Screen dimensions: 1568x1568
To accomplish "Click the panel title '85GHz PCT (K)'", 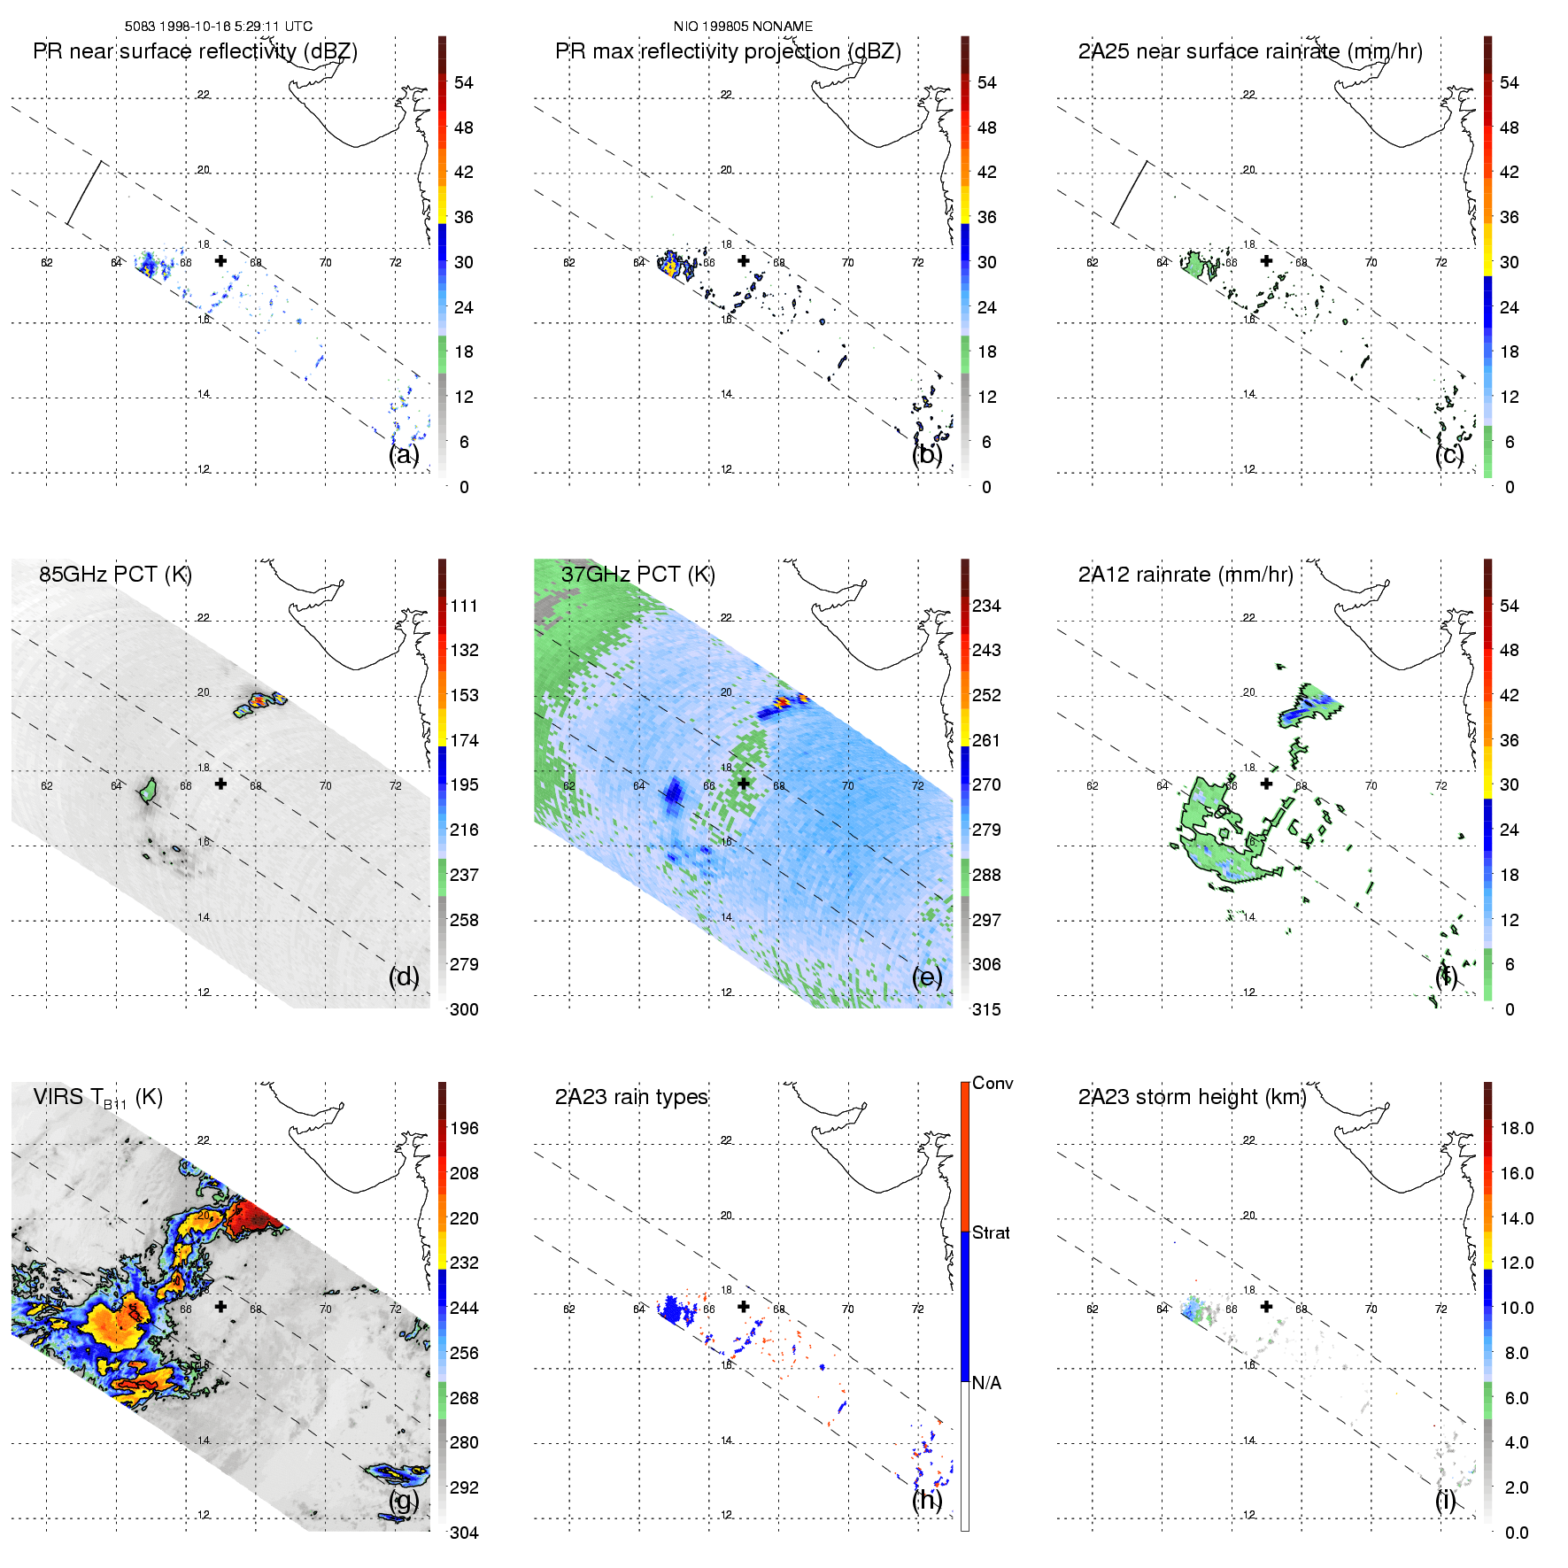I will [x=115, y=574].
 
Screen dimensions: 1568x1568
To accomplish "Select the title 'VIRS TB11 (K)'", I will [x=97, y=1098].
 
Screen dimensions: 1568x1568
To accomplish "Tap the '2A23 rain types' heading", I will [x=631, y=1097].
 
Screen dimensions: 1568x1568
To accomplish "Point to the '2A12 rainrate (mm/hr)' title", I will [x=1186, y=574].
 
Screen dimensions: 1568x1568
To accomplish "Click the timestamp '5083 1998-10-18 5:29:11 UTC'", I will [x=218, y=27].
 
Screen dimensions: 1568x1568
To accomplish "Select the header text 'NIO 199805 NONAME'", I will [x=743, y=27].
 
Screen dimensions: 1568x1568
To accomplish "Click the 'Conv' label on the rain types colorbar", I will [x=993, y=1083].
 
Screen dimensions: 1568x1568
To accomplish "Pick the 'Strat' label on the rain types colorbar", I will [x=991, y=1232].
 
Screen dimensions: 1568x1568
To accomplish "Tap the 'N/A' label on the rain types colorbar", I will [x=986, y=1383].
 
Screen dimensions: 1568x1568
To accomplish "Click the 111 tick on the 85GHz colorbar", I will [x=464, y=606].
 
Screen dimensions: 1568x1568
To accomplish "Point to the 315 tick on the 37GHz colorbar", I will [x=986, y=1009].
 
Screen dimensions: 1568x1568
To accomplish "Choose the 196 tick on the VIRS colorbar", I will [x=464, y=1128].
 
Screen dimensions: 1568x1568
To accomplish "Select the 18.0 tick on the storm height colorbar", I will [x=1517, y=1128].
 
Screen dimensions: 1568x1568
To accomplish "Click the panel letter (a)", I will [x=404, y=454].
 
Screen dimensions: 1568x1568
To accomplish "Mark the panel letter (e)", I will [x=927, y=977].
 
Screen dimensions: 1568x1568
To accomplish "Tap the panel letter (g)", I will [x=404, y=1500].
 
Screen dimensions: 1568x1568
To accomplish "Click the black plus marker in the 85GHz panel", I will [x=220, y=784].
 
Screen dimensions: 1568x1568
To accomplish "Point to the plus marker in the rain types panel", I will [x=744, y=1307].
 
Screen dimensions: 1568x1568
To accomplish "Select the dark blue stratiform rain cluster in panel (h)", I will [x=678, y=1309].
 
